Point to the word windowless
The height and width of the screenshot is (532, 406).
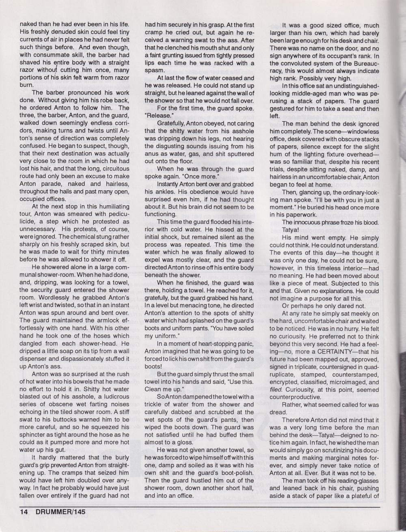click(x=360, y=132)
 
